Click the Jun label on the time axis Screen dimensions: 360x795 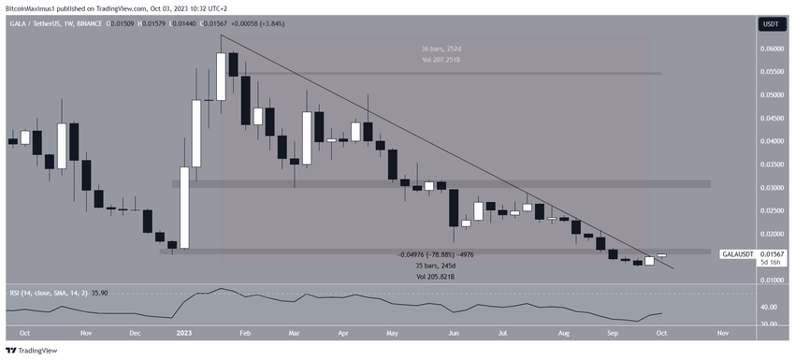tap(455, 332)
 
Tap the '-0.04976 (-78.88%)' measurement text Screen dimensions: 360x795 tap(435, 255)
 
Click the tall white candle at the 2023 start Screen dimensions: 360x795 tap(185, 208)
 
